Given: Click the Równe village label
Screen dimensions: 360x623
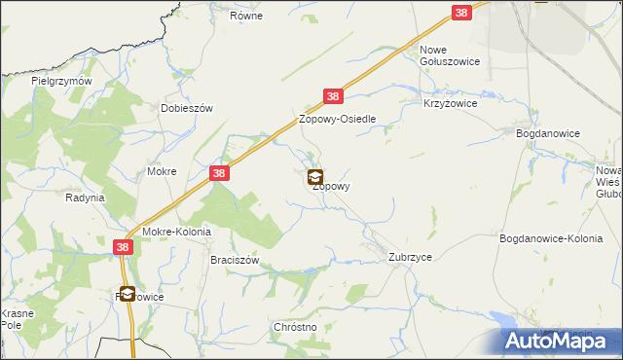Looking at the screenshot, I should (247, 17).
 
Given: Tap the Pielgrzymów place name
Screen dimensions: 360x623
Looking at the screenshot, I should (61, 82).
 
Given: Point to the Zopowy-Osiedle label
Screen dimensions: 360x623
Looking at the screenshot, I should (337, 119).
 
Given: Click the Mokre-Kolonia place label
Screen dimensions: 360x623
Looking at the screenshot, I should (176, 233).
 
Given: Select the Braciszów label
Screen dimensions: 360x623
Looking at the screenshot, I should (235, 261).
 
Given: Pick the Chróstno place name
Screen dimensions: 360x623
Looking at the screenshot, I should (296, 328).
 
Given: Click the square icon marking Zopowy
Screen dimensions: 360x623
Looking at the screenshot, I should (315, 178).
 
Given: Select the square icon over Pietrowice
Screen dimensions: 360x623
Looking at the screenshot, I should (128, 294).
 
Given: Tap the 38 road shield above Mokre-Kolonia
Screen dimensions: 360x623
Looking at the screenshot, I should (123, 248).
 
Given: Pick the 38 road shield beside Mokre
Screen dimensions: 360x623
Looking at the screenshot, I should (220, 173).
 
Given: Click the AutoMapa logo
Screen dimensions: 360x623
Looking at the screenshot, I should (562, 341).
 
